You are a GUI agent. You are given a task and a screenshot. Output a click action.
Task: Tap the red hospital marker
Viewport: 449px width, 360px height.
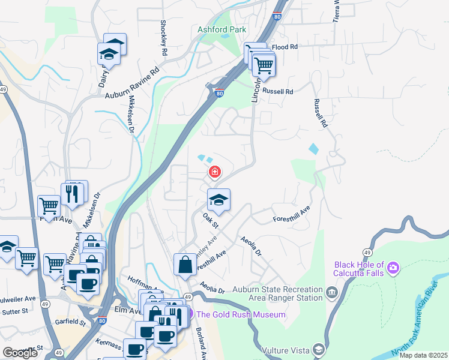(214, 173)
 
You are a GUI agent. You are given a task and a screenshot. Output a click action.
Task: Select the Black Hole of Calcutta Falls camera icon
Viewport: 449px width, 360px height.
(393, 267)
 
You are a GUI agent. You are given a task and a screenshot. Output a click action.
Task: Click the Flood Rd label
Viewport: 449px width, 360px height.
(285, 47)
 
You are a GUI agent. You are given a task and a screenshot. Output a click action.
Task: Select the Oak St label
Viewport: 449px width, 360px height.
(210, 220)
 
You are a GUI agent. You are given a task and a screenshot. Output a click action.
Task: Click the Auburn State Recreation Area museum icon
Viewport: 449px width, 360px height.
(332, 293)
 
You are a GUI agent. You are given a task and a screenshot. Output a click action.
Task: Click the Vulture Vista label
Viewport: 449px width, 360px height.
(285, 349)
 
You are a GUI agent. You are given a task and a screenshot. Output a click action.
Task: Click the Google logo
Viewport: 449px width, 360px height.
(20, 353)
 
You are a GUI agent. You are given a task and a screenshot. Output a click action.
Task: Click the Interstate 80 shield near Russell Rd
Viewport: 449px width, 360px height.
(219, 93)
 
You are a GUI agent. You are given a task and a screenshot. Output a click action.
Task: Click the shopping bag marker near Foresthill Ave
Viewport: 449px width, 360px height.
(185, 265)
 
